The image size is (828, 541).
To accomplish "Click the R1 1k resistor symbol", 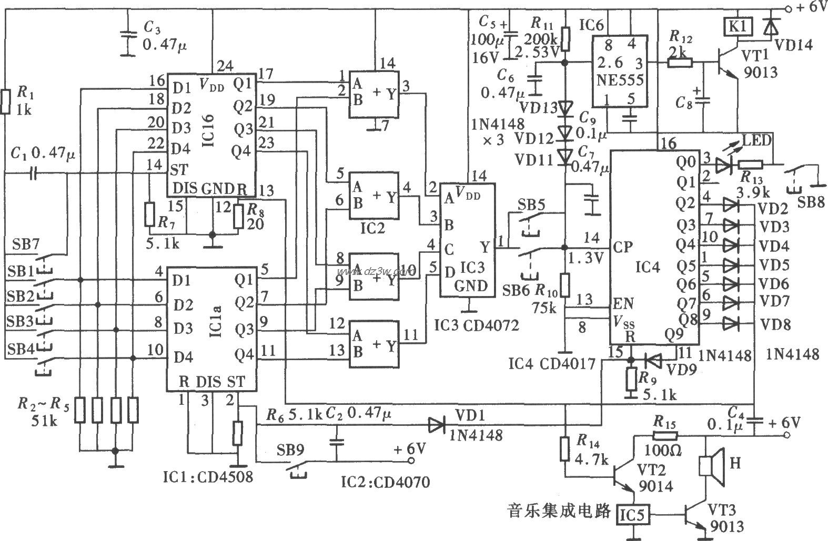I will point(5,102).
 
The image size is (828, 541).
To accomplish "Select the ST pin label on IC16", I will point(179,169).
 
